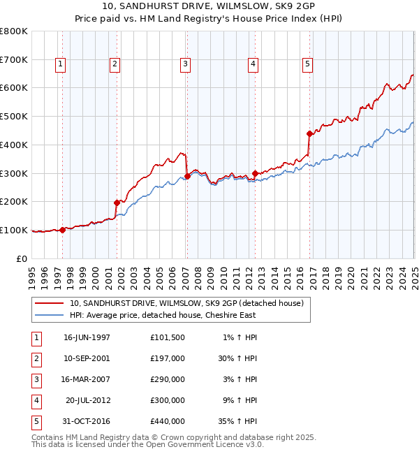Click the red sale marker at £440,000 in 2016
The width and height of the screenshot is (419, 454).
[x=309, y=133]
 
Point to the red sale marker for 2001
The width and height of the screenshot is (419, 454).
[x=117, y=203]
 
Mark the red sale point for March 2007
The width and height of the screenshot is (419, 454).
[x=187, y=176]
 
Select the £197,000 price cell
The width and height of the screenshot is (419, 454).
[x=168, y=358]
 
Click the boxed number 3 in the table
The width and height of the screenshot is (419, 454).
[x=36, y=379]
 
